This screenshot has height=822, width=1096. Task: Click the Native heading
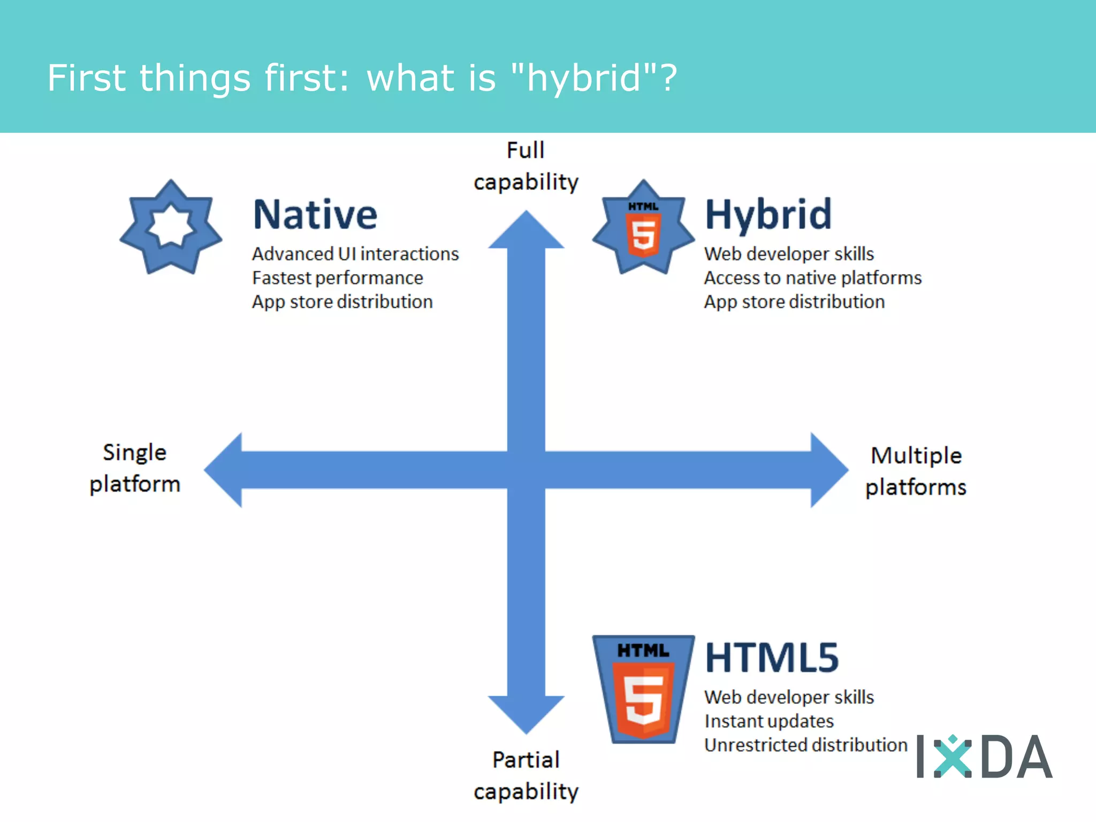point(315,215)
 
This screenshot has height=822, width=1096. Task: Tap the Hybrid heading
point(768,215)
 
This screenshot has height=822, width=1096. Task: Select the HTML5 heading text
point(771,658)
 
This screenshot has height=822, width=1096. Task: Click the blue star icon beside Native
point(171,227)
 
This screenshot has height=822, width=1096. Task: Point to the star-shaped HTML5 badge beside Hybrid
point(643,228)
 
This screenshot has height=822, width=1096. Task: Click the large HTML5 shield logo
point(643,689)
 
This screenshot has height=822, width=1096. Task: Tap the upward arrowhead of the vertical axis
point(526,231)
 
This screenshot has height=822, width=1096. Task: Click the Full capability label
point(526,166)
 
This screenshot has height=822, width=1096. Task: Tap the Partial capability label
point(526,775)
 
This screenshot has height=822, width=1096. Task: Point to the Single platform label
point(135,468)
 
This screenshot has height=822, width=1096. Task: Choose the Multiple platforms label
point(916,471)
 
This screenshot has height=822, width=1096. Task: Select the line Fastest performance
point(337,278)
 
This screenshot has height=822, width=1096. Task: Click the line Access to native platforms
point(812,278)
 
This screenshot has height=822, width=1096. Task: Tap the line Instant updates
point(768,721)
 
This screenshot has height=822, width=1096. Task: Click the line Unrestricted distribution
point(805,745)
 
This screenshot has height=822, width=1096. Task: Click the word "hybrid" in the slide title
point(584,78)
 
